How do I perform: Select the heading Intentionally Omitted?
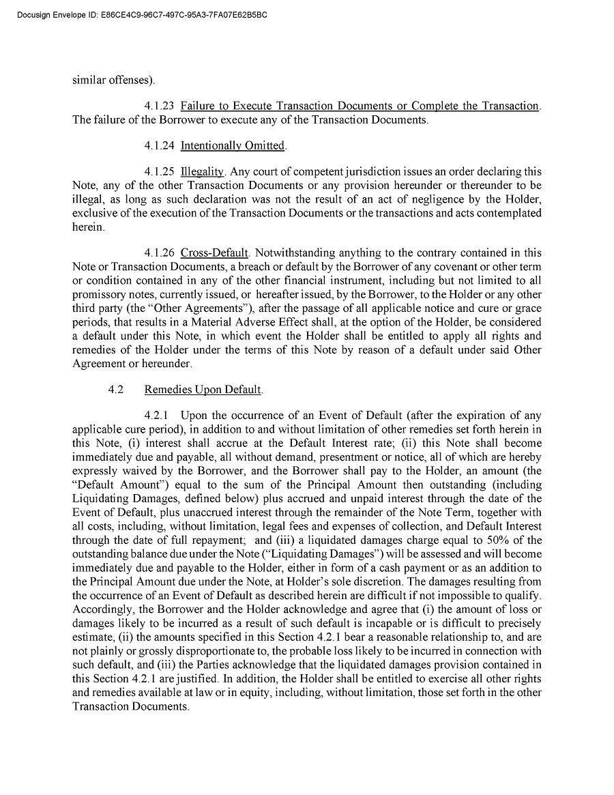(x=232, y=145)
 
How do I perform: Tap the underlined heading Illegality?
(x=202, y=171)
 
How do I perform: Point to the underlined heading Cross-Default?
(x=214, y=253)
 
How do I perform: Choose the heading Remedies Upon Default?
(x=203, y=390)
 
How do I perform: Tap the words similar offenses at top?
(x=112, y=80)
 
